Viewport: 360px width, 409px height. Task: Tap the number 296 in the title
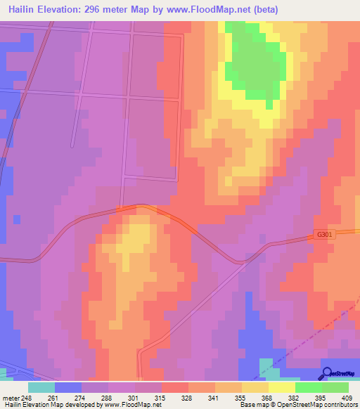[x=94, y=10]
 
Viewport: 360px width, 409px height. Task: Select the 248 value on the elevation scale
[x=27, y=398]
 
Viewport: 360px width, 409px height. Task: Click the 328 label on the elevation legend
[x=177, y=398]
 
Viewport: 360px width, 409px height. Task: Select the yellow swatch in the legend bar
[x=281, y=387]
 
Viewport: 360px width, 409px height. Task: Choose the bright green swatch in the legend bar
[x=308, y=387]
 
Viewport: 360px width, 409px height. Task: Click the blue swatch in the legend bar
[x=68, y=387]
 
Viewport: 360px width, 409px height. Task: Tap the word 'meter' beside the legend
[x=10, y=398]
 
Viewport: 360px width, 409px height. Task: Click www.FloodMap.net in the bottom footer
[x=127, y=405]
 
